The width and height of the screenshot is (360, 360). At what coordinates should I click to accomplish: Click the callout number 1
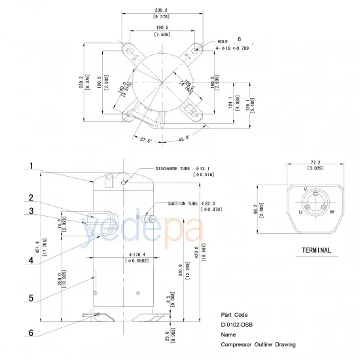pyautogui.click(x=31, y=166)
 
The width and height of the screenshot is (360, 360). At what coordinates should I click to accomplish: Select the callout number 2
pyautogui.click(x=31, y=198)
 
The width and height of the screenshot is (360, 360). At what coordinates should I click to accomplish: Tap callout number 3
pyautogui.click(x=31, y=211)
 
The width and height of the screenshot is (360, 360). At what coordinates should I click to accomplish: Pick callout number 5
pyautogui.click(x=31, y=298)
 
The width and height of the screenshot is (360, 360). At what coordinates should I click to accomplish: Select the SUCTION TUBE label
pyautogui.click(x=183, y=203)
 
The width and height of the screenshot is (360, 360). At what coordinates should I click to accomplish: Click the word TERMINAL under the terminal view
pyautogui.click(x=316, y=250)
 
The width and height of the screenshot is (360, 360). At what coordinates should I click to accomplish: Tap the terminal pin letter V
pyautogui.click(x=306, y=189)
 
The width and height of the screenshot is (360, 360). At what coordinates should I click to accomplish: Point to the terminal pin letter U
pyautogui.click(x=300, y=212)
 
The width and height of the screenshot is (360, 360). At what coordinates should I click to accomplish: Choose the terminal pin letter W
pyautogui.click(x=332, y=212)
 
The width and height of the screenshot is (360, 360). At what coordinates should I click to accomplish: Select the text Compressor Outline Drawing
pyautogui.click(x=258, y=344)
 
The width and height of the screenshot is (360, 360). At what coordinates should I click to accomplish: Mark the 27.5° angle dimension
pyautogui.click(x=146, y=139)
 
